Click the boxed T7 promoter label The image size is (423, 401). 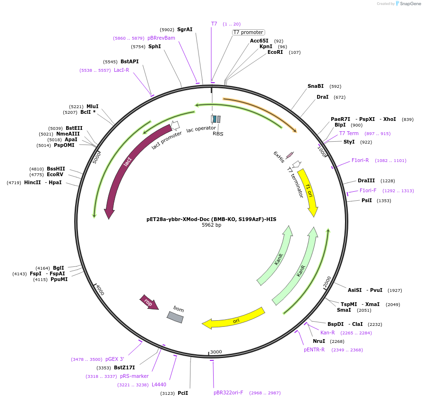(248, 32)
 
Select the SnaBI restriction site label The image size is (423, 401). (315, 86)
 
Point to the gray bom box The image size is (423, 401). (175, 317)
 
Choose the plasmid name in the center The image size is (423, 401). (211, 219)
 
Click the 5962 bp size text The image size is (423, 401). (211, 225)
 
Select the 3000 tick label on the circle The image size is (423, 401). (216, 352)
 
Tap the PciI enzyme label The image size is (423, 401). (183, 393)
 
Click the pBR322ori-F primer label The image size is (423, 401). (228, 392)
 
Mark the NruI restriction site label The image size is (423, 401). (319, 341)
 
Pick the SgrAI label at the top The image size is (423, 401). (185, 29)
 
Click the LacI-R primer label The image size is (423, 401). (121, 70)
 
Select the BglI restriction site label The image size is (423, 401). (59, 268)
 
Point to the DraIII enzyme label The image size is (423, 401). (366, 180)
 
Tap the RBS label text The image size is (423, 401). (218, 134)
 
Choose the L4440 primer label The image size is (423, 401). (159, 384)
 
